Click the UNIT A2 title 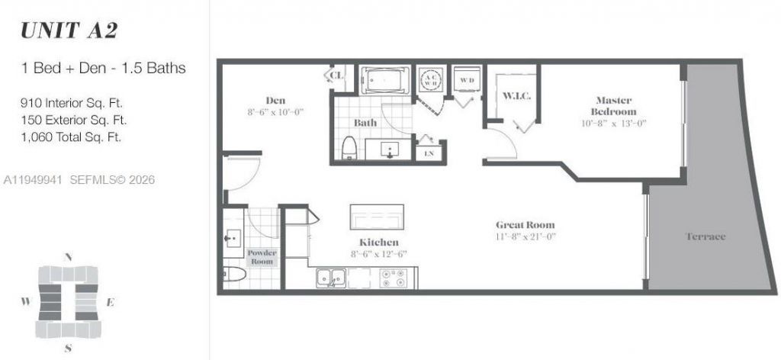tap(69, 31)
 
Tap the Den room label tap(275, 100)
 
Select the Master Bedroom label tap(617, 106)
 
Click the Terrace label tap(705, 237)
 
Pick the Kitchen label tap(368, 242)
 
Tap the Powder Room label tap(261, 257)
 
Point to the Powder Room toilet tap(233, 274)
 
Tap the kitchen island tap(376, 217)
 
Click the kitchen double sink tap(331, 278)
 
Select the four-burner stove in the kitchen tap(397, 278)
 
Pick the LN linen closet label tap(427, 153)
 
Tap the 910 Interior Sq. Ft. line tap(73, 102)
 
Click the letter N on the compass tap(69, 258)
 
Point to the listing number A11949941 tap(32, 180)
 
